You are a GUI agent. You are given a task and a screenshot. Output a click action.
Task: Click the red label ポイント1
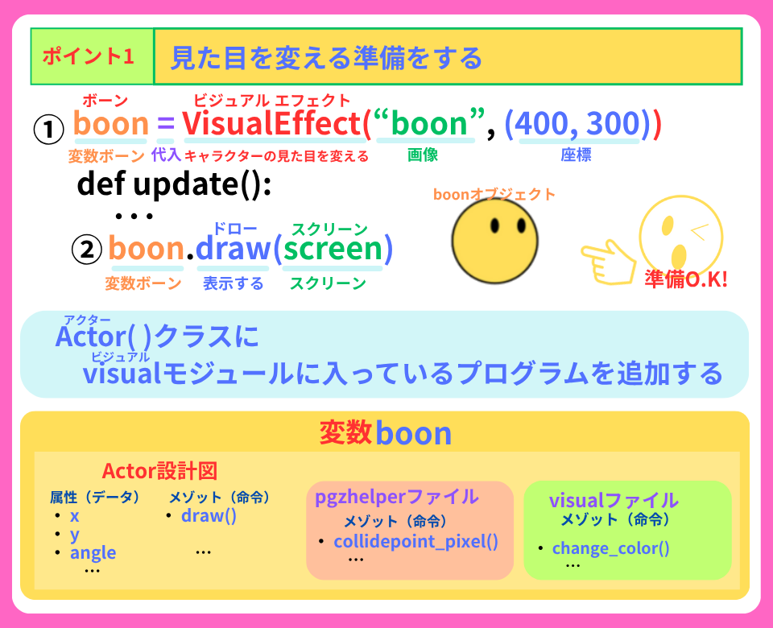click(x=89, y=56)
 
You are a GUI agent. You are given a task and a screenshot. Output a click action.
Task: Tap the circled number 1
click(x=48, y=130)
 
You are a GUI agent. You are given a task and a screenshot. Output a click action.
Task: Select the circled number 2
click(x=87, y=249)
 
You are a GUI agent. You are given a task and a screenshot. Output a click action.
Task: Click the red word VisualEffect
click(x=273, y=123)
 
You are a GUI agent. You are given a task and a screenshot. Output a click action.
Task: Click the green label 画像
click(x=423, y=155)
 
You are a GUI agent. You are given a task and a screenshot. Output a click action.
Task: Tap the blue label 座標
click(x=576, y=155)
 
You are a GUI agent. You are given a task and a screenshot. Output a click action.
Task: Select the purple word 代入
click(x=166, y=155)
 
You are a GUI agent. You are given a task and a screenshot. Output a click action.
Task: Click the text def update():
click(x=174, y=184)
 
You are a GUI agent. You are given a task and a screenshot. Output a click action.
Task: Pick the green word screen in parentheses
click(x=333, y=248)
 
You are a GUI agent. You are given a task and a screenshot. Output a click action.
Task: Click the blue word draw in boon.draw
click(x=234, y=248)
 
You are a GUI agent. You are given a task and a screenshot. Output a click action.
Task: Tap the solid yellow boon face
click(x=494, y=241)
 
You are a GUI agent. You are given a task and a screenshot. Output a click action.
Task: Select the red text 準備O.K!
click(x=686, y=279)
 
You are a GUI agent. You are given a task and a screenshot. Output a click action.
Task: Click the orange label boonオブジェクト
click(x=494, y=194)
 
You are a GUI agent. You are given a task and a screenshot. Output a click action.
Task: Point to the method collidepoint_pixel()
click(x=416, y=541)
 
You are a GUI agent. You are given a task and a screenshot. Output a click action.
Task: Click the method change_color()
click(x=611, y=547)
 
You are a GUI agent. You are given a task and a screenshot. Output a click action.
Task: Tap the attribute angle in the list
click(x=93, y=553)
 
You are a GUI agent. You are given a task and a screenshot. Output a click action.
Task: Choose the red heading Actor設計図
click(x=159, y=471)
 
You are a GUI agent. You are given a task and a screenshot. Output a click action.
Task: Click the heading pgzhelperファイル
click(x=397, y=497)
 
